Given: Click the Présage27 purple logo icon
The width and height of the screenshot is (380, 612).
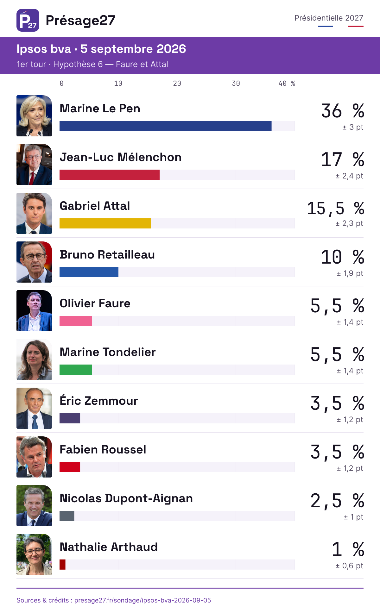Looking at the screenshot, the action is (x=28, y=20).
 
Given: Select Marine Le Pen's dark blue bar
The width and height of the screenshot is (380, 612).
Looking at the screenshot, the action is (x=166, y=126).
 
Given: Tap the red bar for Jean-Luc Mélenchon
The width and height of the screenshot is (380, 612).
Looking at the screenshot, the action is (x=110, y=175).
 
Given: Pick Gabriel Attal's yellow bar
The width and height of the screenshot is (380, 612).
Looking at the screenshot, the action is (x=105, y=223).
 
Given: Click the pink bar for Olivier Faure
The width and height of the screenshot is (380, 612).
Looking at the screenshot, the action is (x=76, y=321).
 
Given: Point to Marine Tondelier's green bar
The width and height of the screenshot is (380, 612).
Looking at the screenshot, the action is (x=76, y=370).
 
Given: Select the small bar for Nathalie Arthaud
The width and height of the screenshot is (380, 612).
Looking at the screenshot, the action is (x=62, y=565).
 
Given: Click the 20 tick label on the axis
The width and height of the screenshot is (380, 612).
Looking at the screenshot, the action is (x=177, y=84).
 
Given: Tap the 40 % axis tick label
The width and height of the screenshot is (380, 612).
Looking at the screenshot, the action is (x=287, y=84).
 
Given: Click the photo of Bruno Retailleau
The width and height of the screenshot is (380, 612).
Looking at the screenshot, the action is (x=34, y=262).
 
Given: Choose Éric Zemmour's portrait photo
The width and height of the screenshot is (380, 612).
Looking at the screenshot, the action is (x=34, y=408).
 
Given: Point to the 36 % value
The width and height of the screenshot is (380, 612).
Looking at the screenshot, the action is (x=343, y=111).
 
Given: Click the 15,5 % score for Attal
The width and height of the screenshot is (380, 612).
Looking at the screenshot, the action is (x=336, y=208).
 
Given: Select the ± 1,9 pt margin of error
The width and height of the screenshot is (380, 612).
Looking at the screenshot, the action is (x=350, y=273).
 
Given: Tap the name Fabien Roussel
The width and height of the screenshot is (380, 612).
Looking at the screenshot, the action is (x=103, y=449).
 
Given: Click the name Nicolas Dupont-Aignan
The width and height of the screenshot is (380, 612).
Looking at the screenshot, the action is (x=126, y=498).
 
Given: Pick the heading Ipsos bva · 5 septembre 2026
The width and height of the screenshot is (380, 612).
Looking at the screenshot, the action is (x=101, y=49).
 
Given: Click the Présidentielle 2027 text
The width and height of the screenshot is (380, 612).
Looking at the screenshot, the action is (x=329, y=18).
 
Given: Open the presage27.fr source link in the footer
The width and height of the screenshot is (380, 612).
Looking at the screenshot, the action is (x=143, y=600).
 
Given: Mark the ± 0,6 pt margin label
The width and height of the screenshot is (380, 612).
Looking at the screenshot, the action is (x=349, y=566).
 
